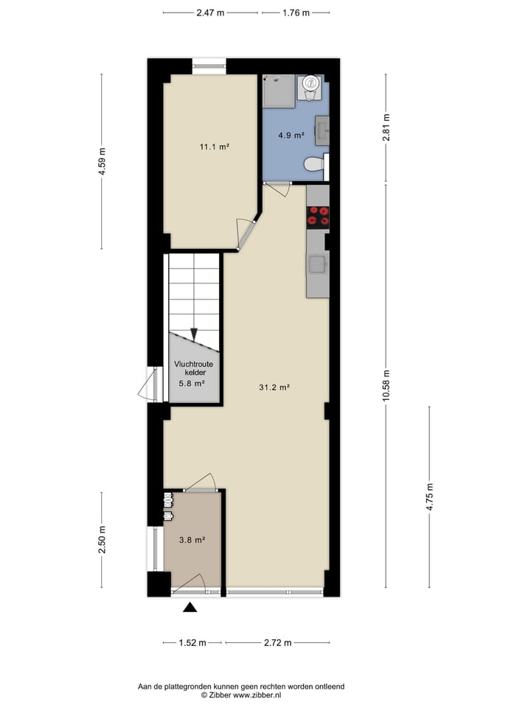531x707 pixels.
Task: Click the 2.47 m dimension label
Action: [210, 13]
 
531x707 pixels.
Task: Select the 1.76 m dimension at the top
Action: [295, 13]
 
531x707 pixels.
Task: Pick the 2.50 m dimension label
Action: [103, 540]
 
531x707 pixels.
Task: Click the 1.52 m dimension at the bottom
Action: [192, 643]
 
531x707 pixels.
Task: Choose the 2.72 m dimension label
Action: [277, 643]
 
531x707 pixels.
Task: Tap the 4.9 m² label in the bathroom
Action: [291, 136]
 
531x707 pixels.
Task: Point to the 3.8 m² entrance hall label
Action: [192, 540]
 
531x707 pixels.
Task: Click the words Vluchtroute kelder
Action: [194, 368]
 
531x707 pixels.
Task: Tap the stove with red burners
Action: [318, 215]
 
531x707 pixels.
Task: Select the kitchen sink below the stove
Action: [318, 264]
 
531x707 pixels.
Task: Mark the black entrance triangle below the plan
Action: [190, 608]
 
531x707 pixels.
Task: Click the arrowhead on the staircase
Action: [194, 335]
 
